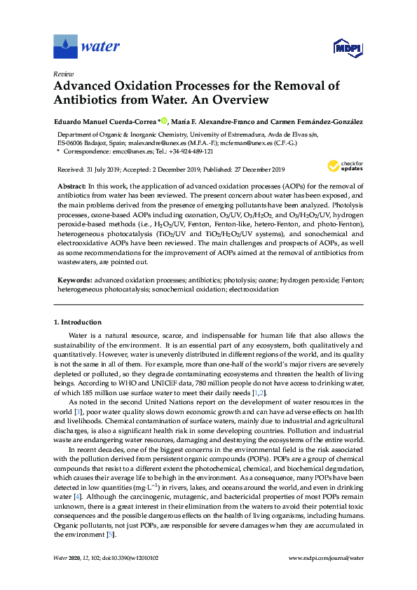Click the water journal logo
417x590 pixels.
pos(86,47)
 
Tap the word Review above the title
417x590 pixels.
pos(64,73)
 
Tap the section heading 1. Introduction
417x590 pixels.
pos(77,322)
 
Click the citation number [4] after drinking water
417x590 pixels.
pos(76,498)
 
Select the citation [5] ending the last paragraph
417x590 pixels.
pos(109,534)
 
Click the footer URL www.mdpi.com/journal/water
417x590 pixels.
pos(326,576)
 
